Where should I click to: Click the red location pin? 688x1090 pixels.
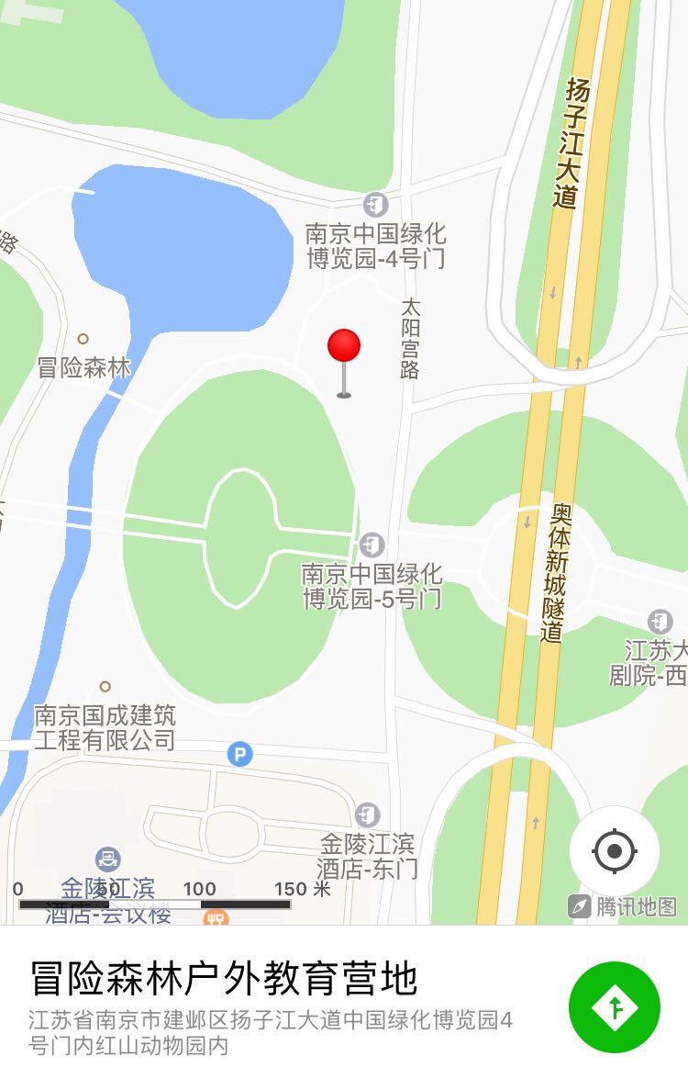point(344,347)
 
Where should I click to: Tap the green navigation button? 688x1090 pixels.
point(614,1006)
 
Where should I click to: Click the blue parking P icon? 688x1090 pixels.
point(239,755)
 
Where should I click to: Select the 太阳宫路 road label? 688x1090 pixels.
point(410,337)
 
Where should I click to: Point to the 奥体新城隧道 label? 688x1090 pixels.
point(554,572)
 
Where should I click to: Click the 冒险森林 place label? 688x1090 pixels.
point(84,368)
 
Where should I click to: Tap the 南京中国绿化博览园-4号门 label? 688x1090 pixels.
point(375,246)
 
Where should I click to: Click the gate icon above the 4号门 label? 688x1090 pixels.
point(375,204)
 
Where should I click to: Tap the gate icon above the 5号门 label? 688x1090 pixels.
point(372,545)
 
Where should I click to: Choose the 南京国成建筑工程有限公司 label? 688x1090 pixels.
point(105,727)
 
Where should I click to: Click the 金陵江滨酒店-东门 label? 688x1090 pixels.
point(367,855)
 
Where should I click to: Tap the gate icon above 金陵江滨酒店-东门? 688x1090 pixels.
point(367,815)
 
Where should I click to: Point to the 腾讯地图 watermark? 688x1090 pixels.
point(624,906)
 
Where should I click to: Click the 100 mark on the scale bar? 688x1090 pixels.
point(199,889)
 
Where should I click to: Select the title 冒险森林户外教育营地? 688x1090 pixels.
point(224,979)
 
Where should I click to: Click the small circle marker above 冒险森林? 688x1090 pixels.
point(83,339)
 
